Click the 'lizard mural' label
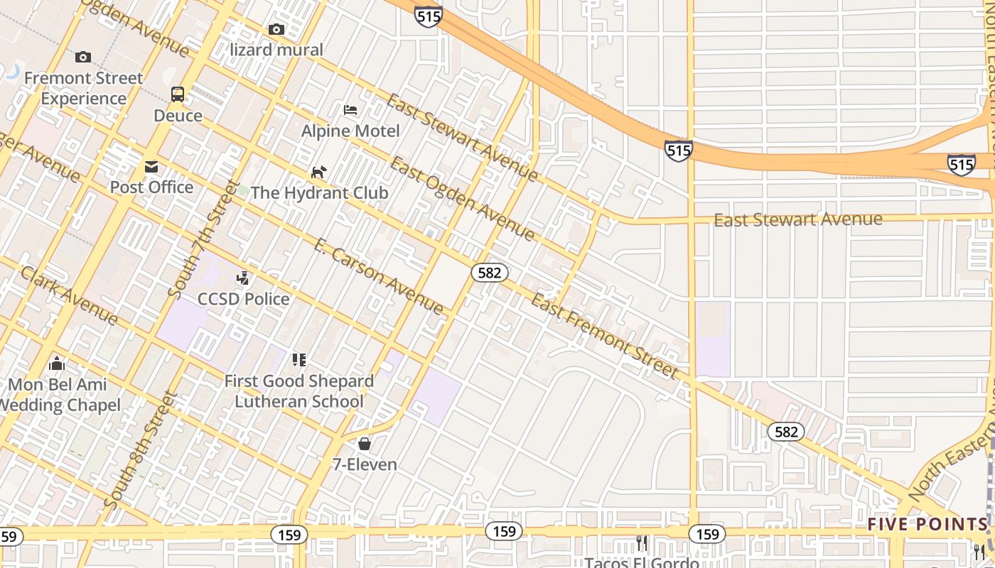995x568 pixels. tap(276, 50)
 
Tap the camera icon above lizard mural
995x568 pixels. tap(276, 29)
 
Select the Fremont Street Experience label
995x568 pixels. tap(84, 88)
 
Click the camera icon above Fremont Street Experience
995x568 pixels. tap(83, 57)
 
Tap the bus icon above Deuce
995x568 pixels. tap(178, 94)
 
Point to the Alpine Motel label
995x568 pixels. tap(350, 131)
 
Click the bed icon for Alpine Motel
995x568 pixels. tap(350, 110)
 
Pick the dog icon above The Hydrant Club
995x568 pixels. tap(319, 172)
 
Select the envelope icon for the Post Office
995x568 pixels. tap(151, 167)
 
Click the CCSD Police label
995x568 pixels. tap(244, 299)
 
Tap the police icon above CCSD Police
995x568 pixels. tap(243, 278)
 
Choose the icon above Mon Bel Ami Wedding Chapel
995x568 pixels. tap(57, 364)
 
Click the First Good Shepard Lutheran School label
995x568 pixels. tap(299, 391)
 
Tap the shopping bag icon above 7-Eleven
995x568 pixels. tap(365, 444)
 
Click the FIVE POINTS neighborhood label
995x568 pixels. tap(927, 525)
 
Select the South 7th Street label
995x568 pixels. tap(204, 239)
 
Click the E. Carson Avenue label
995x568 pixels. tap(378, 276)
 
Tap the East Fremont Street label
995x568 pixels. tap(604, 336)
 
